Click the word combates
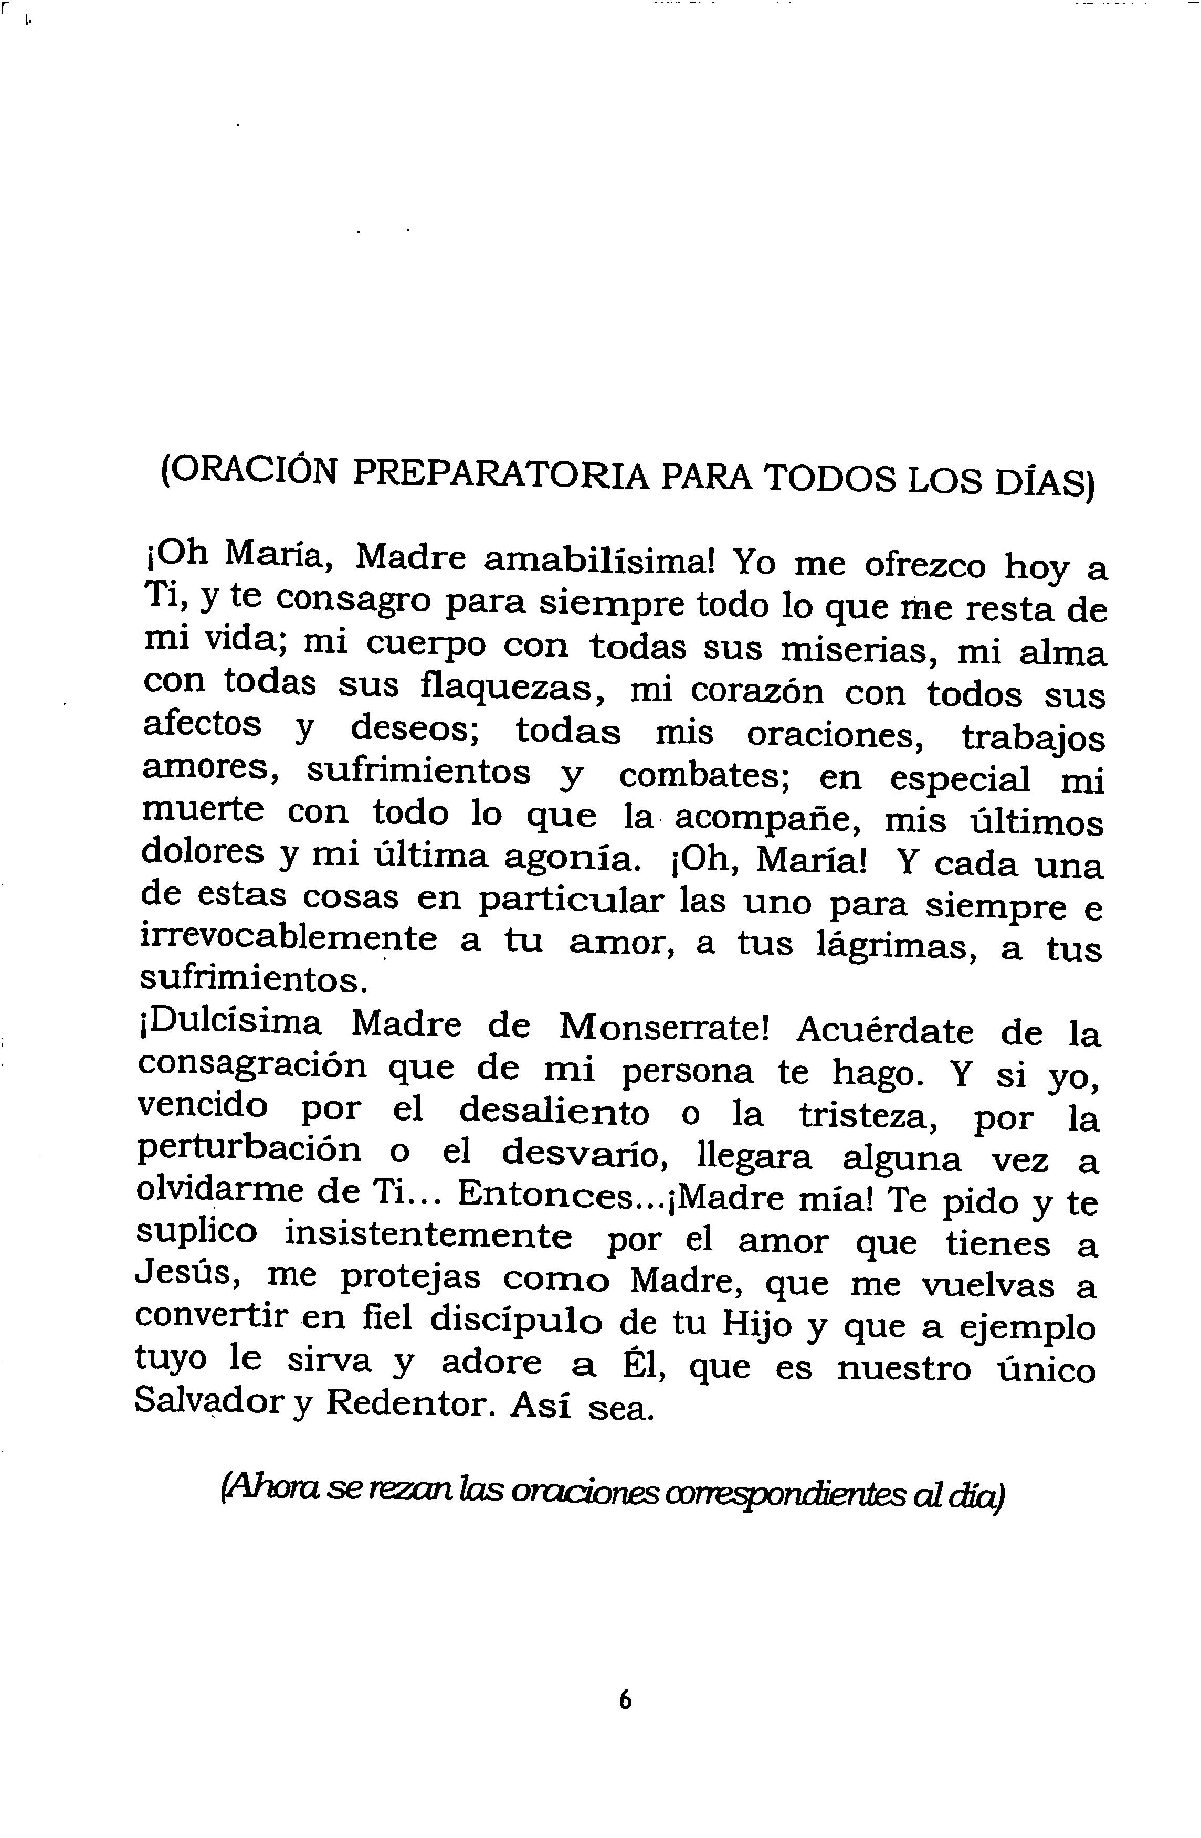703,775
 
